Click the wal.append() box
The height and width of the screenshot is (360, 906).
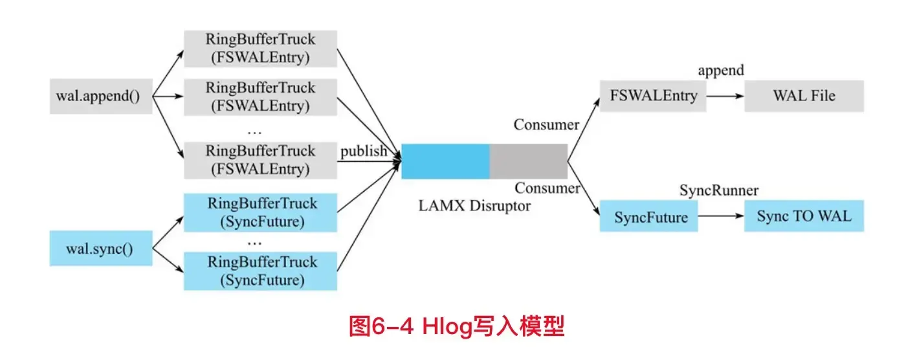[101, 96]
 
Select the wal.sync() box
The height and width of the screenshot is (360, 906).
[101, 249]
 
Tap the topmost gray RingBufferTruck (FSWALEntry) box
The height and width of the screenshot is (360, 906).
[260, 48]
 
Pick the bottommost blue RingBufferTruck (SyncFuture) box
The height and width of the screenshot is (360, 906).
[260, 271]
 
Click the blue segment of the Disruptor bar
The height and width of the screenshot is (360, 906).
[445, 161]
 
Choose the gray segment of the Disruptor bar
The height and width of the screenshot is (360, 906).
[528, 161]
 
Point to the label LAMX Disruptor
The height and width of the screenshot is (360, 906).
[475, 207]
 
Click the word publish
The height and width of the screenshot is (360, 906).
[364, 151]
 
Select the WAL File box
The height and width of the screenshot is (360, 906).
[804, 96]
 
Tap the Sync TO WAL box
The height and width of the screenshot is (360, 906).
[804, 217]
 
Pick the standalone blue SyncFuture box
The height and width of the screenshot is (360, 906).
[649, 217]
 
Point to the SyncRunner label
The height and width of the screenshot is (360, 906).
[718, 190]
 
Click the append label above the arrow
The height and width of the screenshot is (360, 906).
[720, 71]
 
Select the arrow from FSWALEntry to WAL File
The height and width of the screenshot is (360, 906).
[725, 96]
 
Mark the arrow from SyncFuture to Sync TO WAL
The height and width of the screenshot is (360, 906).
[721, 217]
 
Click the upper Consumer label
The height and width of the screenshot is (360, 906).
[547, 125]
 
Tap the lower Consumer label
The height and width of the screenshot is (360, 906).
[547, 188]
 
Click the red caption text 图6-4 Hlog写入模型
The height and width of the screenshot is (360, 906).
[457, 326]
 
